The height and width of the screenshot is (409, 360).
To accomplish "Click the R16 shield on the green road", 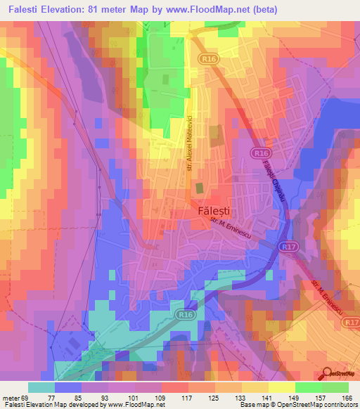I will [x=186, y=316].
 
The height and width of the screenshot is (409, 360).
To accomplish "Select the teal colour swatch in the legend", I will [x=41, y=387].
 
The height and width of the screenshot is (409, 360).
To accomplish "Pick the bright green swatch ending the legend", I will [x=335, y=387].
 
